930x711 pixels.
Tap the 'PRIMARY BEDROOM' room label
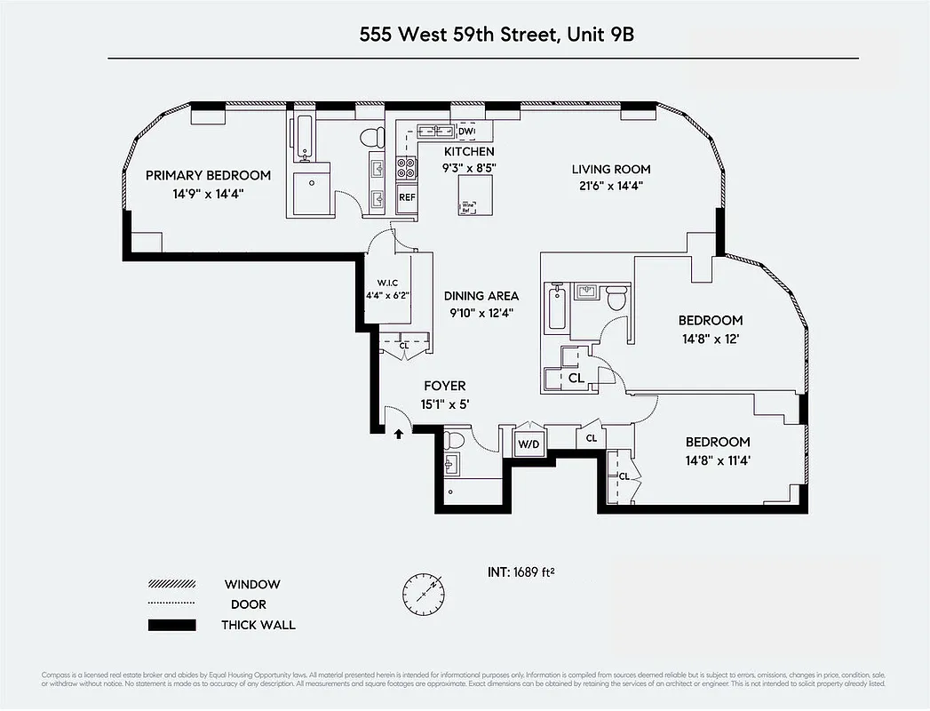coord(208,175)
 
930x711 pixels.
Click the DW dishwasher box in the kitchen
coord(466,132)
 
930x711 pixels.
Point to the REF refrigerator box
coord(407,197)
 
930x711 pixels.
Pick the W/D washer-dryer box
coord(529,443)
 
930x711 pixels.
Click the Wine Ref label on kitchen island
coord(466,207)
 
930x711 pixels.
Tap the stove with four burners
coord(406,168)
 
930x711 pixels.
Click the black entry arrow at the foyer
coord(399,434)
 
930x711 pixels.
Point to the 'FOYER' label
coord(444,386)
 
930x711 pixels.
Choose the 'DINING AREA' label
coord(481,296)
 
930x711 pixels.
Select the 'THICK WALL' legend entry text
coord(258,625)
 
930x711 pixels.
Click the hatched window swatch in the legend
coord(171,585)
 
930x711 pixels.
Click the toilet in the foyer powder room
coord(455,440)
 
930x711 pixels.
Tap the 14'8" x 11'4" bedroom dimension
coord(717,460)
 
